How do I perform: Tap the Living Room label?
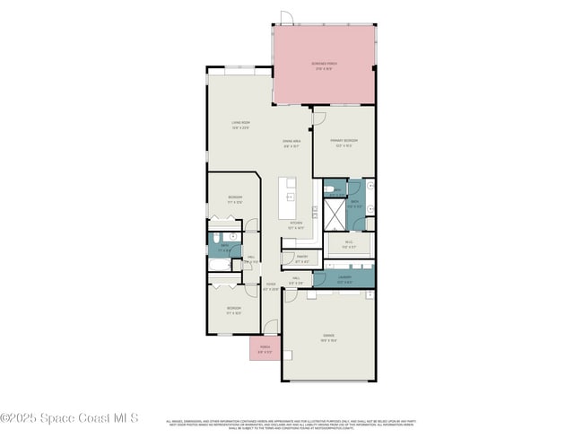(240, 125)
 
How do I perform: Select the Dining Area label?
(291, 142)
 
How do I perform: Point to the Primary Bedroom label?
(344, 142)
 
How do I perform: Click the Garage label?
(328, 337)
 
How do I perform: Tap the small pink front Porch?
(265, 349)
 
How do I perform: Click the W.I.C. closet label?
(347, 245)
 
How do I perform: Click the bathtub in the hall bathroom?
(220, 266)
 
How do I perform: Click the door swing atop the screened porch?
(287, 18)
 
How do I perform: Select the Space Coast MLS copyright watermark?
(69, 417)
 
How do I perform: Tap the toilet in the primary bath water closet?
(331, 188)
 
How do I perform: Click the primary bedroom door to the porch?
(319, 114)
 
